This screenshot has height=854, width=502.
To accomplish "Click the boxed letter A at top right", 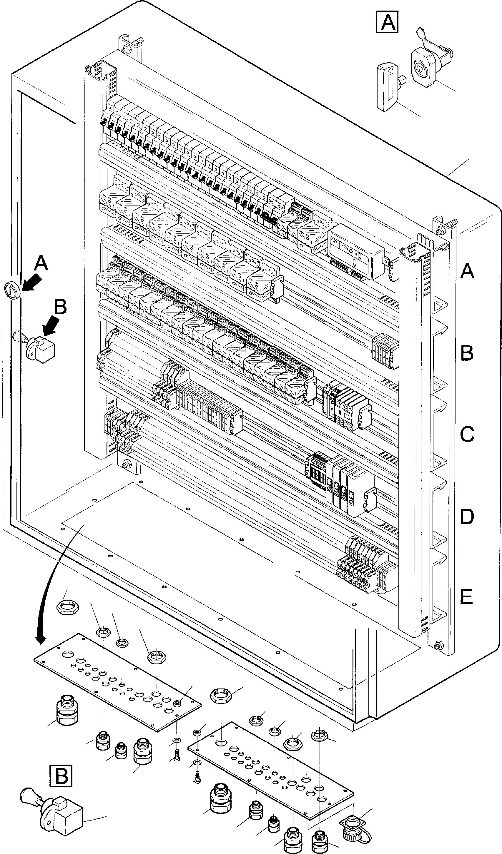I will point(387,22).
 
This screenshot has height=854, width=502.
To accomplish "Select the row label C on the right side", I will point(467,434).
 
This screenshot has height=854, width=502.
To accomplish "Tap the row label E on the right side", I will point(466,597).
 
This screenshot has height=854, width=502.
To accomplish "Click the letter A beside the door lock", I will point(41,264).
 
